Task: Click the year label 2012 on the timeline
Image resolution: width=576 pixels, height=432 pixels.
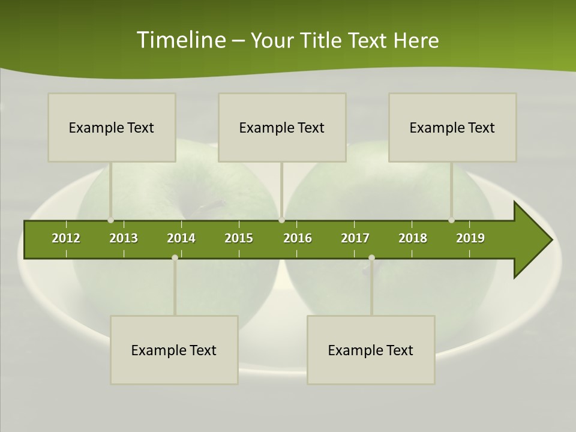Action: pyautogui.click(x=66, y=238)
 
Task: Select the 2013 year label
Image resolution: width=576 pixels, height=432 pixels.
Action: pyautogui.click(x=124, y=238)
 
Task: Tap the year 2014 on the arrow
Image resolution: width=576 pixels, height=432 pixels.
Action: pyautogui.click(x=181, y=238)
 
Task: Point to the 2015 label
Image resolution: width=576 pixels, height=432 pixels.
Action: pyautogui.click(x=239, y=238)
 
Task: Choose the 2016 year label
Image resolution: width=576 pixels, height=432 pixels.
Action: pyautogui.click(x=298, y=238)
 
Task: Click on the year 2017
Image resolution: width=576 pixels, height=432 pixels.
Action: pyautogui.click(x=355, y=238)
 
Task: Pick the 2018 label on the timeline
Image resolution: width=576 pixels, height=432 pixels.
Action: pyautogui.click(x=413, y=238)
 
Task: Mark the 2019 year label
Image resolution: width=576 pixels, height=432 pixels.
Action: pyautogui.click(x=470, y=238)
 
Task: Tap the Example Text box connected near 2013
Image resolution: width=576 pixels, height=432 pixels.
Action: pyautogui.click(x=112, y=127)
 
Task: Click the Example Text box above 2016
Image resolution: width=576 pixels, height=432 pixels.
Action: pyautogui.click(x=282, y=127)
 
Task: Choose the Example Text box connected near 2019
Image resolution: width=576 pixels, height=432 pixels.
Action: pyautogui.click(x=452, y=127)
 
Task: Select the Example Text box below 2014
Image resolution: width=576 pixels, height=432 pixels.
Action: pyautogui.click(x=174, y=350)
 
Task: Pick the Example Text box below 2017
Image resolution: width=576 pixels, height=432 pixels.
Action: pyautogui.click(x=371, y=350)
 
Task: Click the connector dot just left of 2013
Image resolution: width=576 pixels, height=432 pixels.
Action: pyautogui.click(x=110, y=220)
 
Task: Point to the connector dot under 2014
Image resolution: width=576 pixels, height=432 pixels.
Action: pyautogui.click(x=175, y=257)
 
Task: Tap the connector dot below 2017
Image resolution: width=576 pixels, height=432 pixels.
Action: pyautogui.click(x=371, y=257)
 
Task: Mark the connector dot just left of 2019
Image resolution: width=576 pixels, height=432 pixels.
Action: pyautogui.click(x=451, y=220)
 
